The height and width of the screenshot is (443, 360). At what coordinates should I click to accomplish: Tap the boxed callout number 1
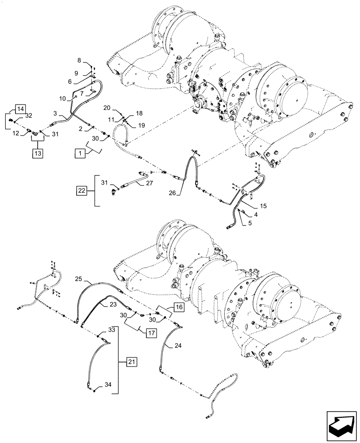(x=80, y=154)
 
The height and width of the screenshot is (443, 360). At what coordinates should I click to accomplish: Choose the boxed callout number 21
(x=131, y=361)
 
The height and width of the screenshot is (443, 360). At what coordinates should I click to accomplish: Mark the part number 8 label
(x=79, y=59)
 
